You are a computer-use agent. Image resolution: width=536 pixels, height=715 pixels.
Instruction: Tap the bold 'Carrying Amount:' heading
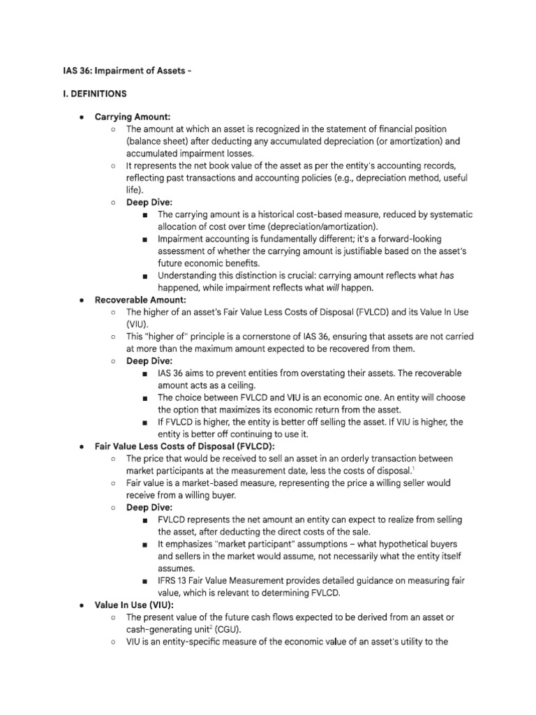[x=132, y=117]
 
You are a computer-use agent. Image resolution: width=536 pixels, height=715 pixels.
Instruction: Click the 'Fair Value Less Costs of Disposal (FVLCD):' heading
[x=185, y=446]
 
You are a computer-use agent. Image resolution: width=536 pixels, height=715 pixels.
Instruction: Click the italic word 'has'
[x=447, y=275]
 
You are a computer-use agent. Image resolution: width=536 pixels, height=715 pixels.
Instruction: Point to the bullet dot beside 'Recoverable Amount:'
[x=82, y=300]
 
